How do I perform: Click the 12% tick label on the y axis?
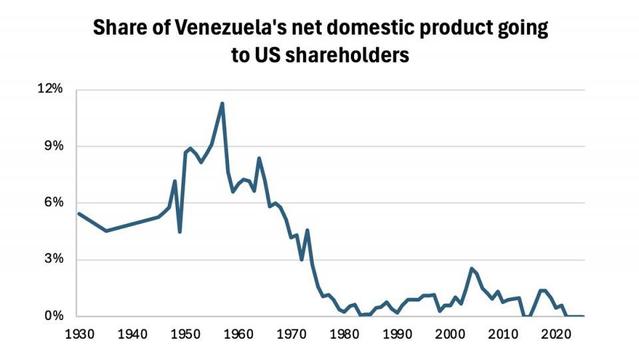pos(49,89)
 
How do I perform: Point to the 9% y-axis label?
pos(52,146)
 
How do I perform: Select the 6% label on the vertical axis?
pos(52,203)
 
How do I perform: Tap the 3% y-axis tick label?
pos(52,260)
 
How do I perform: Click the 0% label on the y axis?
pos(52,317)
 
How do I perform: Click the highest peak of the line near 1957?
pos(222,103)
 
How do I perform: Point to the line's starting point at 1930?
pos(78,213)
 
